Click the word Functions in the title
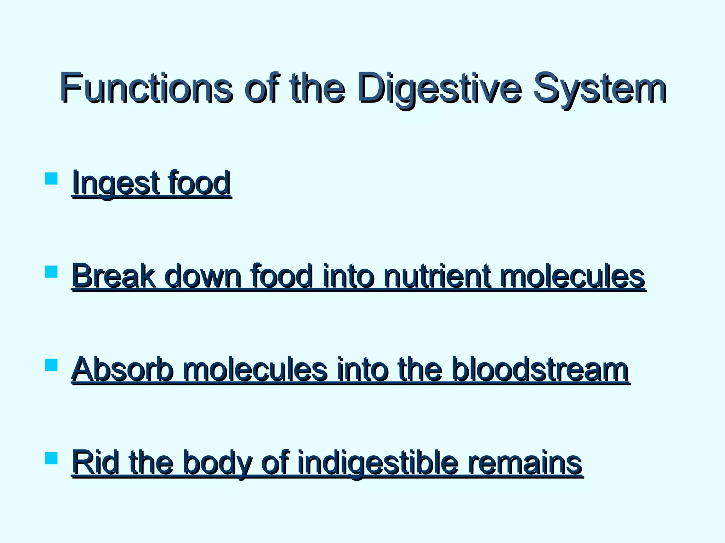(146, 87)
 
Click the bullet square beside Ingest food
(52, 179)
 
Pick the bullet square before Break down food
(52, 272)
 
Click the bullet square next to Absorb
(52, 365)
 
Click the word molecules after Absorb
(255, 369)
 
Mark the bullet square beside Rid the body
(52, 458)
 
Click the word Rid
(95, 463)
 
